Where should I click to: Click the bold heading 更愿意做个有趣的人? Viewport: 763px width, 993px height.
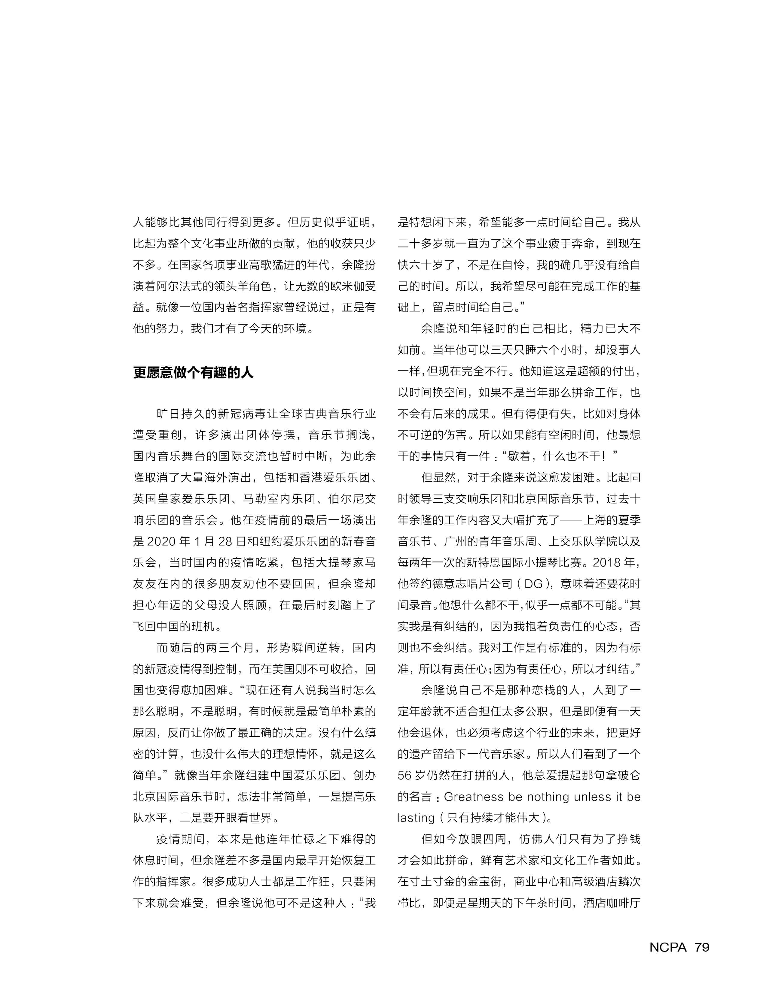(x=193, y=373)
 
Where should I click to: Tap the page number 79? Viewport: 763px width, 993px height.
(x=702, y=948)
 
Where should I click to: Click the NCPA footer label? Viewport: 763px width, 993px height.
(x=668, y=948)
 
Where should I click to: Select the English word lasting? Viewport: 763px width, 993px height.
(x=416, y=818)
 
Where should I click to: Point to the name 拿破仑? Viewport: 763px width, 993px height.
(x=623, y=776)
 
